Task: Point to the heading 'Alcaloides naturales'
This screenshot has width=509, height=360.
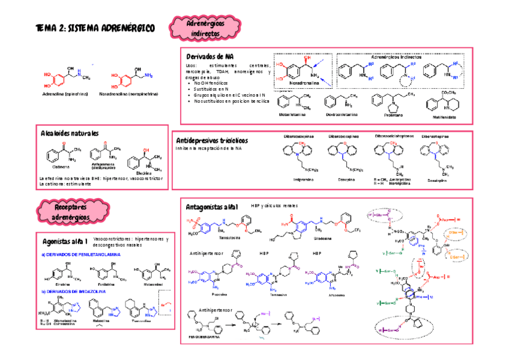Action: coord(70,133)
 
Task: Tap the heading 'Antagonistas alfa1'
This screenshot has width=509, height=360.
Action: coord(212,206)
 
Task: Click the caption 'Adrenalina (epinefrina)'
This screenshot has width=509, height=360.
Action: coord(65,95)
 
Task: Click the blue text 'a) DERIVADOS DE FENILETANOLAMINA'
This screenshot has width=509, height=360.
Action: coord(82,254)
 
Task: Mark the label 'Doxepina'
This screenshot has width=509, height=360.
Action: coord(345,179)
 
